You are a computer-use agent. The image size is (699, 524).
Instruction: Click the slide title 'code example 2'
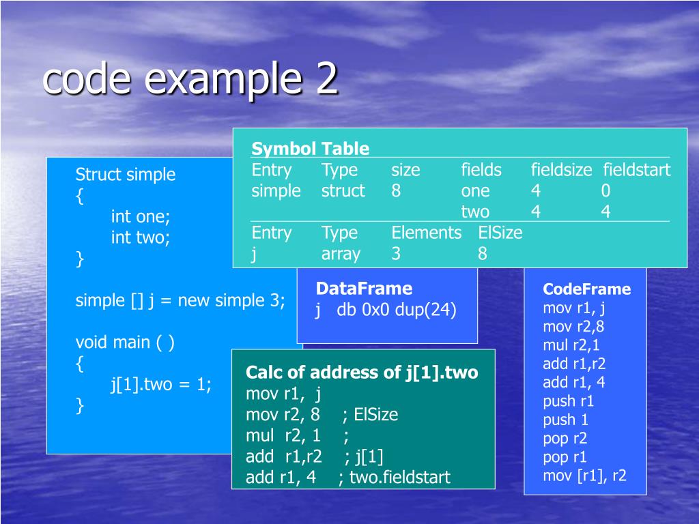pos(190,80)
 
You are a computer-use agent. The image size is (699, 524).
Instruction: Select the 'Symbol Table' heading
pos(310,149)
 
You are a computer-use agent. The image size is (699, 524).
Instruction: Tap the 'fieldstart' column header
pos(636,170)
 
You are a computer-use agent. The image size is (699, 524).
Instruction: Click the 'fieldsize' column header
pos(561,170)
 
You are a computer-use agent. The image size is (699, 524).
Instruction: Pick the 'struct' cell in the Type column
pos(343,191)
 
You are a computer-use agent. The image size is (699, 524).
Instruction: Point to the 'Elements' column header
pos(426,233)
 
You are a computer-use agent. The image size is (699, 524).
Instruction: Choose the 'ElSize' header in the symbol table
pos(500,233)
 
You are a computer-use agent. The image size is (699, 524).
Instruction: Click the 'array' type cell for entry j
pos(341,254)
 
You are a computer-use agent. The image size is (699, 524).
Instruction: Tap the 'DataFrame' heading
pos(364,288)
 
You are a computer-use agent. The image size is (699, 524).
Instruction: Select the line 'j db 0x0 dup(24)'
pos(386,310)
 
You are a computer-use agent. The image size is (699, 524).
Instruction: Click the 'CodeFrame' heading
pos(586,289)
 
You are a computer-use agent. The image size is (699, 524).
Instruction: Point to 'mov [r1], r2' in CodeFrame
pos(584,476)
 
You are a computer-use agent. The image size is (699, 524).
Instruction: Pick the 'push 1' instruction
pos(565,420)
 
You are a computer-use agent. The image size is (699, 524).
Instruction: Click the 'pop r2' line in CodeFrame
pos(565,438)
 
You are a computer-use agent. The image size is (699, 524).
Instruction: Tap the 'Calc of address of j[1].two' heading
pos(362,373)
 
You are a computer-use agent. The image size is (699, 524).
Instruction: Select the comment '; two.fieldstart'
pos(394,477)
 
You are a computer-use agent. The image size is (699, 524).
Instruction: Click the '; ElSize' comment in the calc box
pos(371,415)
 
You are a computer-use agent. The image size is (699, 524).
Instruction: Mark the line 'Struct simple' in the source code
pos(125,175)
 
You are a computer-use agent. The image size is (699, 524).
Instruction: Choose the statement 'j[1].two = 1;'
pos(161,385)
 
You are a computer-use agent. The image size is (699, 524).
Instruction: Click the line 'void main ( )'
pos(124,342)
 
